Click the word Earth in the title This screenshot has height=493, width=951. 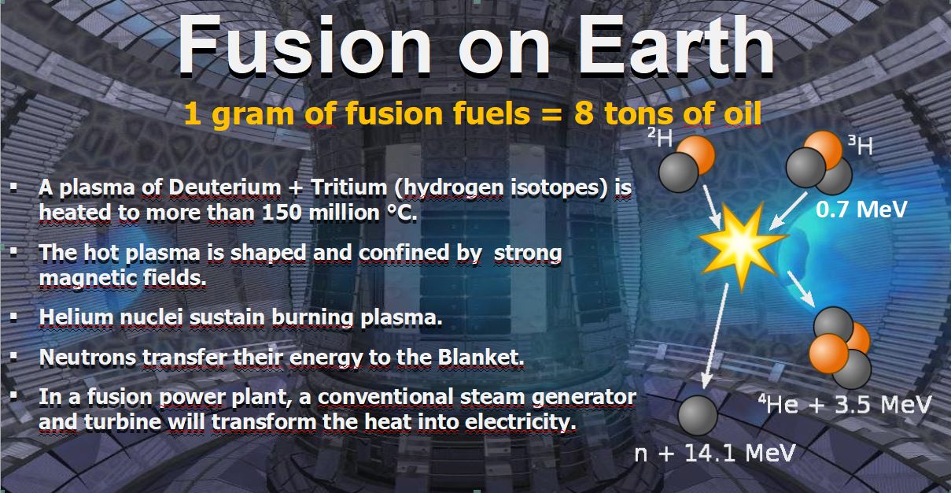click(x=677, y=46)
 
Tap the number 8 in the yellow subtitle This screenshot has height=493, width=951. click(x=584, y=114)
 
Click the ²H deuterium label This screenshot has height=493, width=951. click(x=661, y=137)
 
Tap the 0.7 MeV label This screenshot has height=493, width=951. click(x=861, y=209)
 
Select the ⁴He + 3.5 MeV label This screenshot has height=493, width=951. click(x=845, y=404)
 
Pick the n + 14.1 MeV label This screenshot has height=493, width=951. click(x=714, y=453)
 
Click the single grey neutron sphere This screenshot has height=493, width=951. click(x=698, y=416)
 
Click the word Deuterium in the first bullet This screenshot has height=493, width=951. click(x=225, y=187)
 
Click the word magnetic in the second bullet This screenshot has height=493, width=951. click(x=87, y=279)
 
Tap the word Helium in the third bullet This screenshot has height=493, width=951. click(x=76, y=317)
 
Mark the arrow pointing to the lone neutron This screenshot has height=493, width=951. click(x=715, y=335)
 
